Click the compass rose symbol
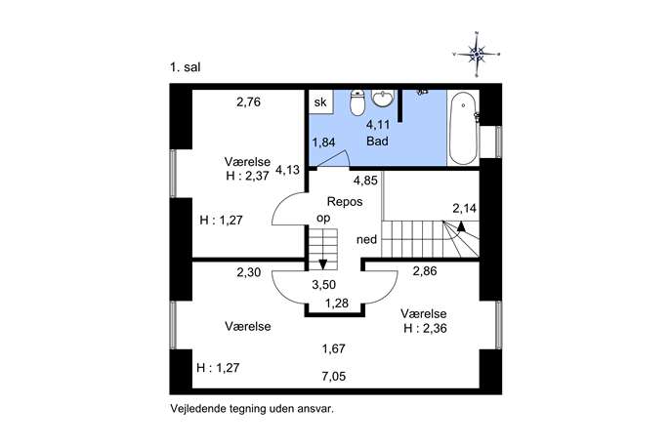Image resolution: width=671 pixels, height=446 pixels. coord(477,55)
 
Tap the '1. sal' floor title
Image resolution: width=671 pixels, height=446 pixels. coord(185,67)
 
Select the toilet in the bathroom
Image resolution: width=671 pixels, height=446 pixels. coord(356,102)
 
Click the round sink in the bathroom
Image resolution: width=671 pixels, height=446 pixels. coord(382,98)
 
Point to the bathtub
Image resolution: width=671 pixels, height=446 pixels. coord(463,128)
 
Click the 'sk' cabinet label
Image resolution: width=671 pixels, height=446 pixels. coord(320,101)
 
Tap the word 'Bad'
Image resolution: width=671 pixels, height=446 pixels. coord(377,141)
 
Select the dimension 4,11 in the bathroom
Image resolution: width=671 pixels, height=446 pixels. coord(378,125)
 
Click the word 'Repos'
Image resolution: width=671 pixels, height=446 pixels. coord(345,201)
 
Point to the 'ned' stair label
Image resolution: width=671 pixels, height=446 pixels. coord(366,239)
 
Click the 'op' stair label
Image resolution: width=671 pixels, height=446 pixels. coord(323,219)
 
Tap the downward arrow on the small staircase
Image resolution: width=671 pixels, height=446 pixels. coord(323,264)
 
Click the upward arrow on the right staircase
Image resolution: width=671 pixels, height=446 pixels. coord(461,225)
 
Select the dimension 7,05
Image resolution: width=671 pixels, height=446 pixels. coord(334,377)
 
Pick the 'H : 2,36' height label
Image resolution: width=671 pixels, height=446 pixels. coord(426,329)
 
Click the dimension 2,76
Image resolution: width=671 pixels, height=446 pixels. coord(249,102)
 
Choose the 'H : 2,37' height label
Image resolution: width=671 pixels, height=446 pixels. coord(248,177)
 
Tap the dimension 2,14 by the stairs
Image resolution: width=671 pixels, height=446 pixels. coord(465,208)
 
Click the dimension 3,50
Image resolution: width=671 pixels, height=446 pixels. coord(324,284)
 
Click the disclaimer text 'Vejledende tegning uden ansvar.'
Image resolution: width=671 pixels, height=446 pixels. coord(252,408)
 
